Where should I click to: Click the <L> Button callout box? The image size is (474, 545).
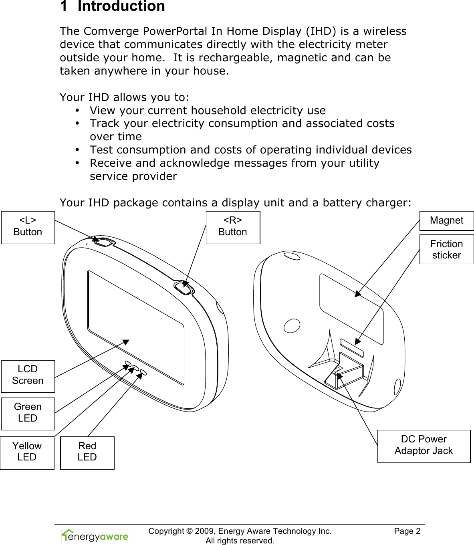pyautogui.click(x=28, y=227)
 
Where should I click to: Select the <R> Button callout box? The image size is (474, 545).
pyautogui.click(x=233, y=227)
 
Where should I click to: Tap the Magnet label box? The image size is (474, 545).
pyautogui.click(x=446, y=221)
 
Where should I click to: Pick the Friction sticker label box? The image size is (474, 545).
pyautogui.click(x=446, y=250)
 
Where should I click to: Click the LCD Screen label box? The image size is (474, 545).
pyautogui.click(x=28, y=376)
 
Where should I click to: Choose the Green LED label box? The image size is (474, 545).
pyautogui.click(x=28, y=413)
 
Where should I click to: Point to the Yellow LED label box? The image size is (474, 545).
pyautogui.click(x=27, y=452)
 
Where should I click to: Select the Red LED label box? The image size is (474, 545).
pyautogui.click(x=87, y=452)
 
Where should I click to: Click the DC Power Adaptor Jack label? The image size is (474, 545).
pyautogui.click(x=424, y=446)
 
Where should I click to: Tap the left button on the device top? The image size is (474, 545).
pyautogui.click(x=103, y=242)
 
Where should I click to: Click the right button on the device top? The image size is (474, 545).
pyautogui.click(x=183, y=288)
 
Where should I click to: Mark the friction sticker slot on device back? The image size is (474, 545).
pyautogui.click(x=351, y=348)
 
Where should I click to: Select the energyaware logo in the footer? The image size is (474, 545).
pyautogui.click(x=95, y=536)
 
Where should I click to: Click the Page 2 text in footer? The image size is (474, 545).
pyautogui.click(x=407, y=531)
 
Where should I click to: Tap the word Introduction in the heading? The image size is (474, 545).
pyautogui.click(x=121, y=6)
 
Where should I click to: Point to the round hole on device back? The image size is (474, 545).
pyautogui.click(x=292, y=325)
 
